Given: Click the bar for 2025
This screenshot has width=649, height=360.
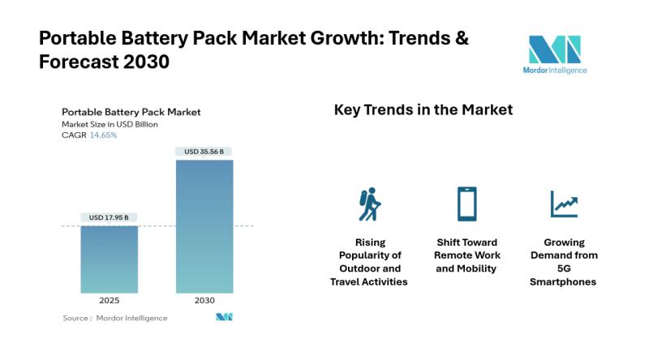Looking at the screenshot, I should [x=109, y=259].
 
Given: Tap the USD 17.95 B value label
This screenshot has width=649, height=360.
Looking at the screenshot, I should [x=109, y=217].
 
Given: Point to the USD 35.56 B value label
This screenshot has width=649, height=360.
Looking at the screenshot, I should [x=204, y=151].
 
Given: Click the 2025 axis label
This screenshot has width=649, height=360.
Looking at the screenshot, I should [x=109, y=300].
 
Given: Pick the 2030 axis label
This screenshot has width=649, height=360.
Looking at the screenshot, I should [x=204, y=300].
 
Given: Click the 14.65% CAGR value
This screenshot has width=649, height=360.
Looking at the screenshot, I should [x=103, y=135].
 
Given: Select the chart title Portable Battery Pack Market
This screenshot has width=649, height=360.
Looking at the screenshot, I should [x=131, y=112].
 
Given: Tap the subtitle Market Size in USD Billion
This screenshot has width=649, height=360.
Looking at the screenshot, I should [x=110, y=124].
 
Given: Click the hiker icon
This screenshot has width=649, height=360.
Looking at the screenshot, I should [x=369, y=205].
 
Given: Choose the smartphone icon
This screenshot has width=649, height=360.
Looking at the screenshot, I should [x=466, y=204].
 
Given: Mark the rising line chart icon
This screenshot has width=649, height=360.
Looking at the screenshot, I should [x=563, y=204].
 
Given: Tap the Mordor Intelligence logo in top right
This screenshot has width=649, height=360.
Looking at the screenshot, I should [x=557, y=54].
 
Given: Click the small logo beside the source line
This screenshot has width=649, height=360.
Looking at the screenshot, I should [x=224, y=317].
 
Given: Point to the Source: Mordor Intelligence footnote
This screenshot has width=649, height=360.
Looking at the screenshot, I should [x=115, y=318].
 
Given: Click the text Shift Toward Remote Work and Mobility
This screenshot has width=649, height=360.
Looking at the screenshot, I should [x=466, y=255].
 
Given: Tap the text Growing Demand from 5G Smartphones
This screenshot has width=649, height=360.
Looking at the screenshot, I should [x=564, y=262].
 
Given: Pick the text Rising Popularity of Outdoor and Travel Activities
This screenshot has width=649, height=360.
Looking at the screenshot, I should [x=369, y=262].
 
